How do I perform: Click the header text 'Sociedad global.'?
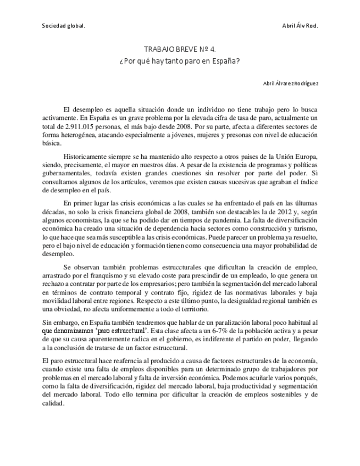click(63, 26)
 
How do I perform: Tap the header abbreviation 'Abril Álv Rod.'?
click(300, 26)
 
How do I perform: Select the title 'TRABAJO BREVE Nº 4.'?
click(180, 49)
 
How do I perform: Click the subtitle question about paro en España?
click(180, 60)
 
